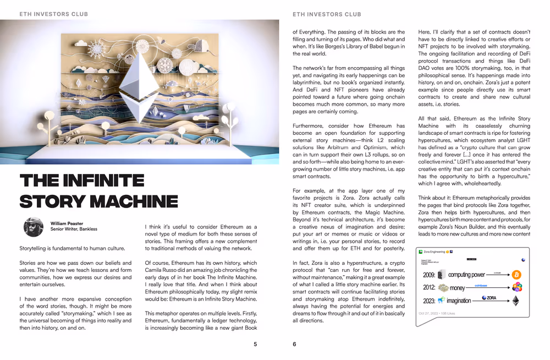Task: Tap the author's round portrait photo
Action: click(x=33, y=227)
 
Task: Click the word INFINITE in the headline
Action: click(x=98, y=181)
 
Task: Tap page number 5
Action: click(x=255, y=345)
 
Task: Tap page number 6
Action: click(x=294, y=345)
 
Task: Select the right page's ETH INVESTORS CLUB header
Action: click(x=327, y=14)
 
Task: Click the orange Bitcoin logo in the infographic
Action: click(x=516, y=274)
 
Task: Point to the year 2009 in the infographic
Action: click(x=429, y=275)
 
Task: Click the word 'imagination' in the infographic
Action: click(x=458, y=301)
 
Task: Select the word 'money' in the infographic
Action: click(x=457, y=287)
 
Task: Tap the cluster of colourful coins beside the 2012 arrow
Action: click(x=516, y=287)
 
